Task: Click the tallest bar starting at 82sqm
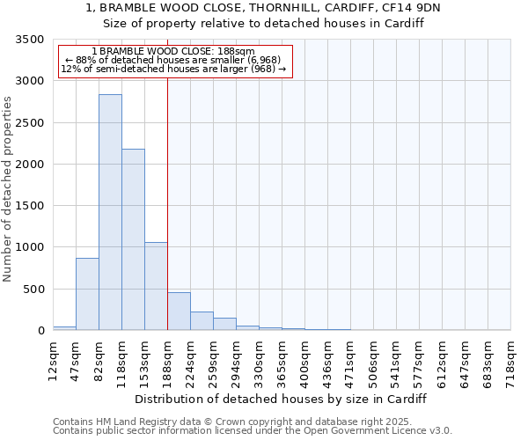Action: click(110, 212)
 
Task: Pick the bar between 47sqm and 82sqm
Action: click(87, 294)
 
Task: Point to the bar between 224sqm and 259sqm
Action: click(202, 321)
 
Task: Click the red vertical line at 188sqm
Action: click(167, 202)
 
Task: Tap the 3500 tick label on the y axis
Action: click(30, 40)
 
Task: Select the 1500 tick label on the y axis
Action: click(30, 206)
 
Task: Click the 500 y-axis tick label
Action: click(33, 290)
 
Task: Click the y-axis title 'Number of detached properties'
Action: click(9, 189)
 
